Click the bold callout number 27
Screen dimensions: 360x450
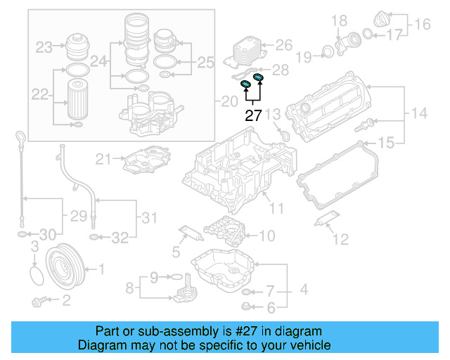click(x=252, y=116)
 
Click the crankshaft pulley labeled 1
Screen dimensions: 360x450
click(x=63, y=268)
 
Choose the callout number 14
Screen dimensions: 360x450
click(x=419, y=112)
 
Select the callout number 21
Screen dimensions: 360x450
click(x=103, y=159)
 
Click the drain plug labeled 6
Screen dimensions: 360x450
click(x=245, y=305)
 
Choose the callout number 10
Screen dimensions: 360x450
click(x=267, y=236)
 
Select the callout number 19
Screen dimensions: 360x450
click(x=303, y=55)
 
